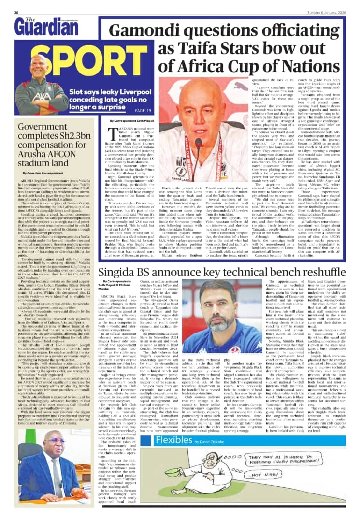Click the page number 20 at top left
pos(16,12)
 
